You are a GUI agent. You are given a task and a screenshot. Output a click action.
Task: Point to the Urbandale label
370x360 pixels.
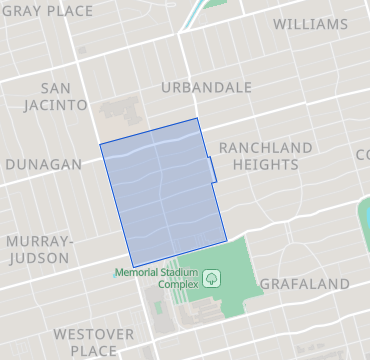click(206, 87)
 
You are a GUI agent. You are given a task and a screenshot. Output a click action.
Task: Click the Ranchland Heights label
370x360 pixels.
click(265, 157)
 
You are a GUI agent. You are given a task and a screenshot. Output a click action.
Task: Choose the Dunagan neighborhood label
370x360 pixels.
click(43, 164)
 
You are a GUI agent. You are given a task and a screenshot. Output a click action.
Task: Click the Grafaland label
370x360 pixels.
click(304, 284)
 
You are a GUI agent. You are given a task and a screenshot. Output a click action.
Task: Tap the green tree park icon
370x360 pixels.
click(212, 278)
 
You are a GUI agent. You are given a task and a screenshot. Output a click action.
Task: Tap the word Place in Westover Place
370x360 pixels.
click(93, 351)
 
